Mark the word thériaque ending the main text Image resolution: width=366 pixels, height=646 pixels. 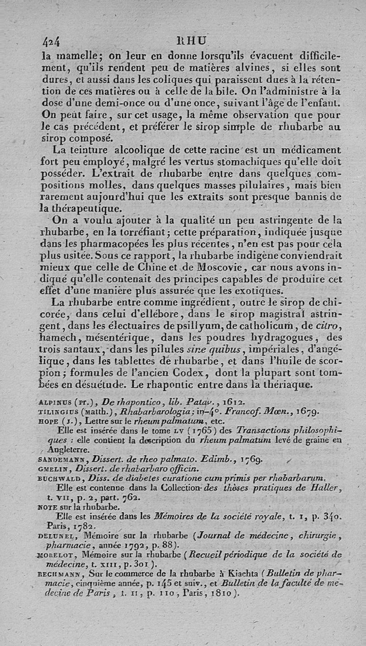coord(291,385)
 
